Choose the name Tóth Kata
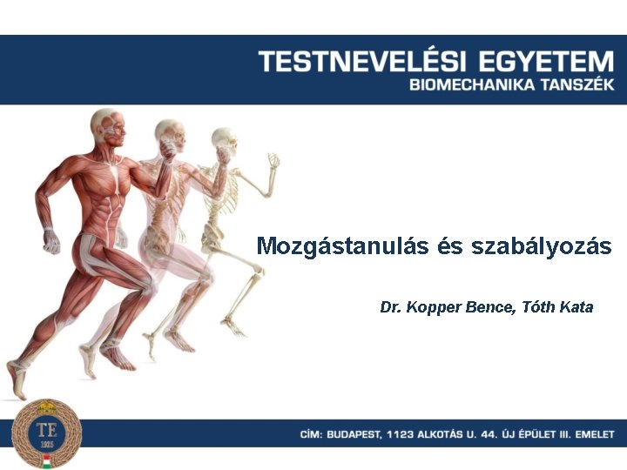tap(556, 307)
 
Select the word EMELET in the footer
tap(594, 433)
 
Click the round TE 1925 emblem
tap(46, 433)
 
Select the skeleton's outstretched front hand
tap(273, 162)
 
